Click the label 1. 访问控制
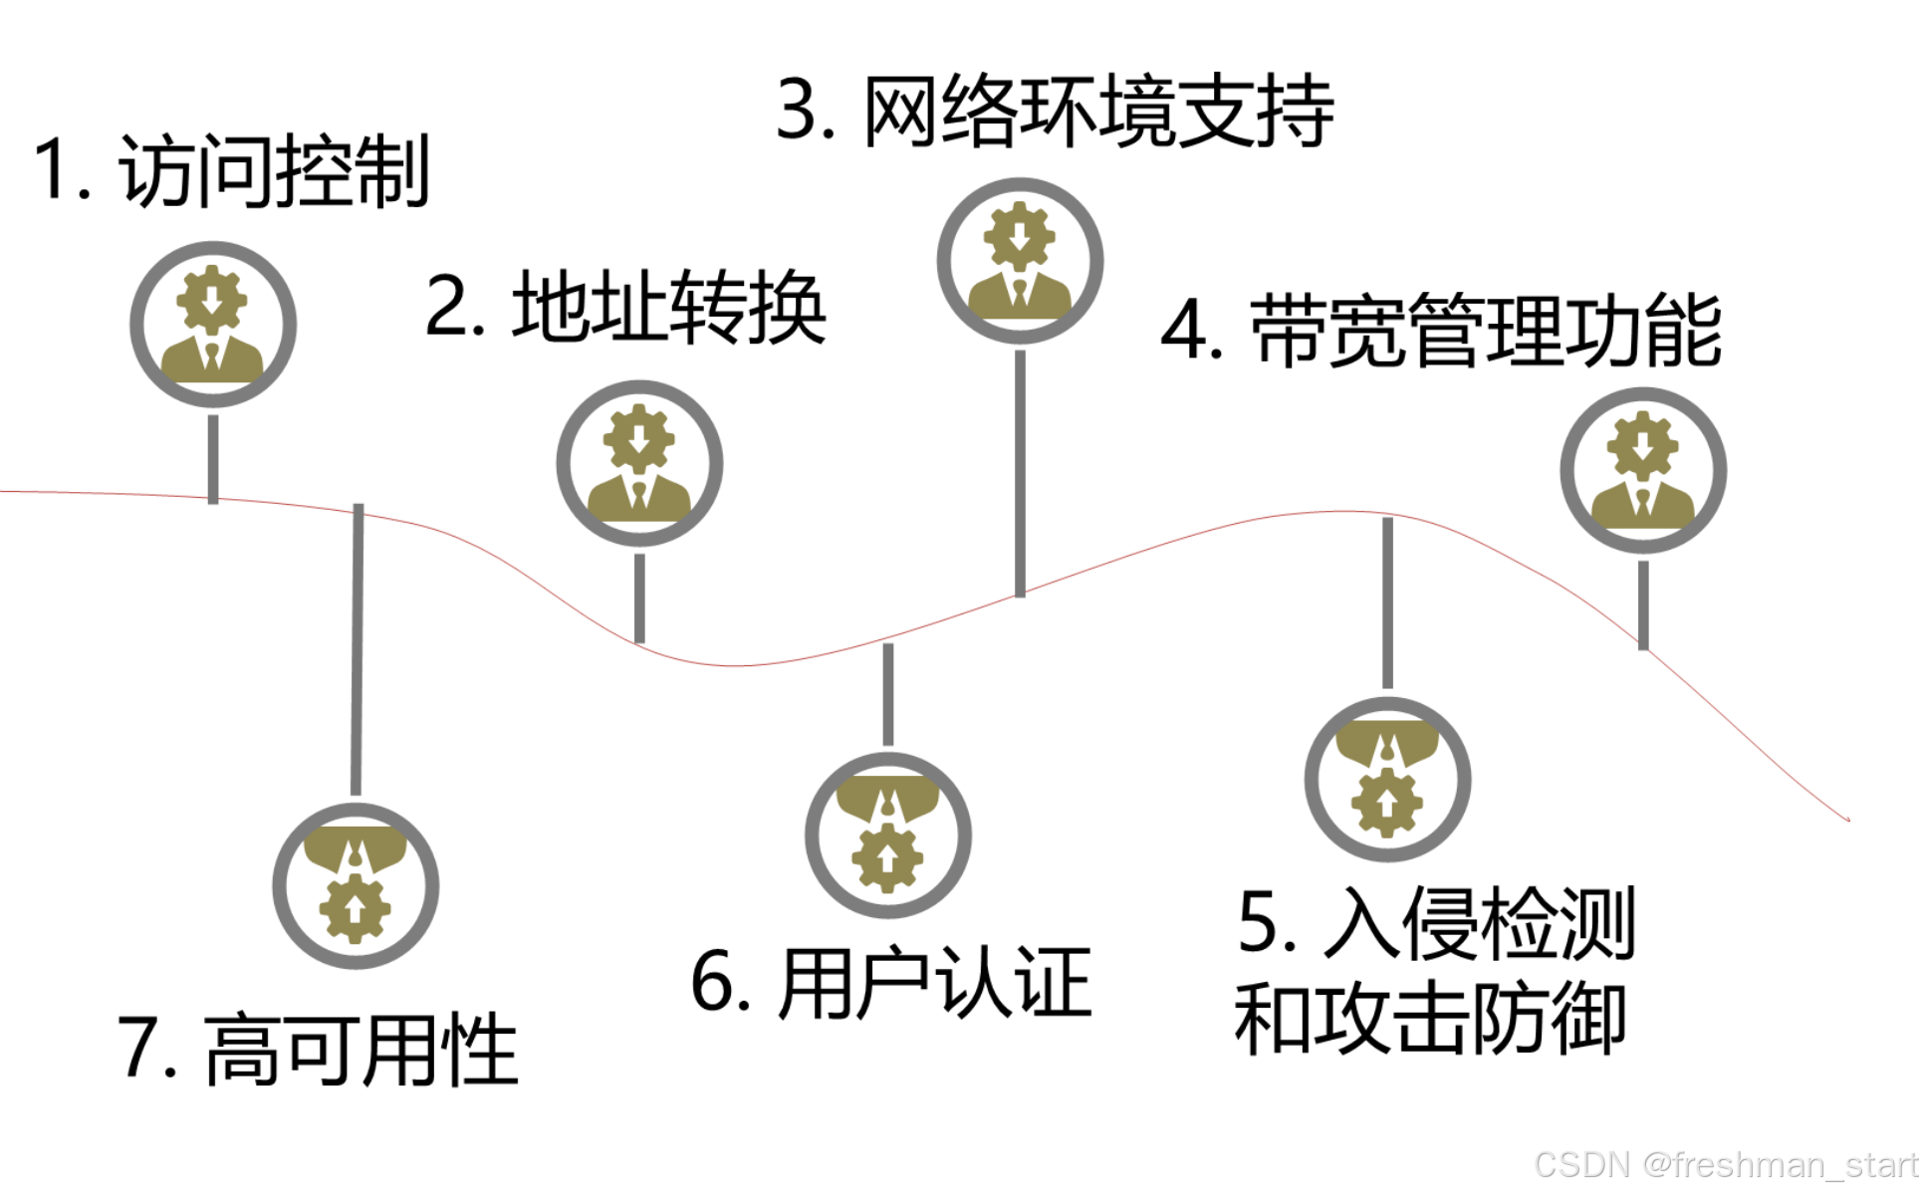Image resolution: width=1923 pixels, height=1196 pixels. (231, 171)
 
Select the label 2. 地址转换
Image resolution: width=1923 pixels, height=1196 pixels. (625, 308)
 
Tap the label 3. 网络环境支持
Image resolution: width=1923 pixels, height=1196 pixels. (1055, 112)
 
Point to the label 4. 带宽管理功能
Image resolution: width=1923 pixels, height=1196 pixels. (1441, 332)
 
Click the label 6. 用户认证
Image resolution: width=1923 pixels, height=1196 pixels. (891, 984)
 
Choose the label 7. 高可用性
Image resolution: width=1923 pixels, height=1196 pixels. (318, 1050)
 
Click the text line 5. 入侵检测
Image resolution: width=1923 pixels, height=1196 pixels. (1436, 923)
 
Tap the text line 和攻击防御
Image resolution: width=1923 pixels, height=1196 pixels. (1430, 1018)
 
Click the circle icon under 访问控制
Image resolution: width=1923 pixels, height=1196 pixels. (213, 325)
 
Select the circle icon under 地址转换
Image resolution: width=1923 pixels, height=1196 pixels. (639, 463)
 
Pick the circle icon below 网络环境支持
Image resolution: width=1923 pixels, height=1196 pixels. (1020, 261)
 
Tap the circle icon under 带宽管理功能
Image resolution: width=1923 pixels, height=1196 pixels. (1643, 470)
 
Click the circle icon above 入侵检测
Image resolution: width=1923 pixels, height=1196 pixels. (1387, 779)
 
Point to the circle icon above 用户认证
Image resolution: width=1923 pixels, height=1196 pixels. (888, 835)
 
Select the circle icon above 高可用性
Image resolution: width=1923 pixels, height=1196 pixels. (356, 885)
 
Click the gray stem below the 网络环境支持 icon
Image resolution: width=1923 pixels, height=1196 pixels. (1020, 473)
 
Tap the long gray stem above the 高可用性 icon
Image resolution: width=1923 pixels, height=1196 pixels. (357, 647)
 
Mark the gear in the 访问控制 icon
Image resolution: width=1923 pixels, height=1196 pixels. (212, 297)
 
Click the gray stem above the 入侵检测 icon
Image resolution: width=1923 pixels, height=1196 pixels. (1387, 602)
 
